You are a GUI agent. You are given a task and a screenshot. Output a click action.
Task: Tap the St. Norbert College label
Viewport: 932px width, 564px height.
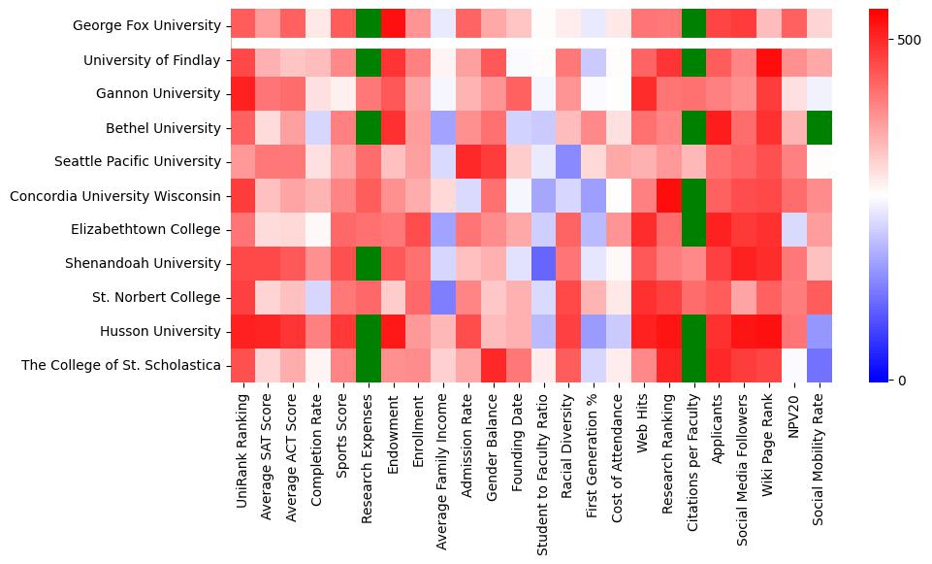click(164, 297)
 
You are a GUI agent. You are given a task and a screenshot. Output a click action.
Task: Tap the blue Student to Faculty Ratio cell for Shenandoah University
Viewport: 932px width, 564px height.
click(544, 263)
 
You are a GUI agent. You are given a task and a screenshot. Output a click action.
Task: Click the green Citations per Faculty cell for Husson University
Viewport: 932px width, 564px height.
click(693, 331)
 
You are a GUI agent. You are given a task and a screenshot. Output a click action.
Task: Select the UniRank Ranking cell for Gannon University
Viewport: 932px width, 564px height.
click(243, 93)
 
